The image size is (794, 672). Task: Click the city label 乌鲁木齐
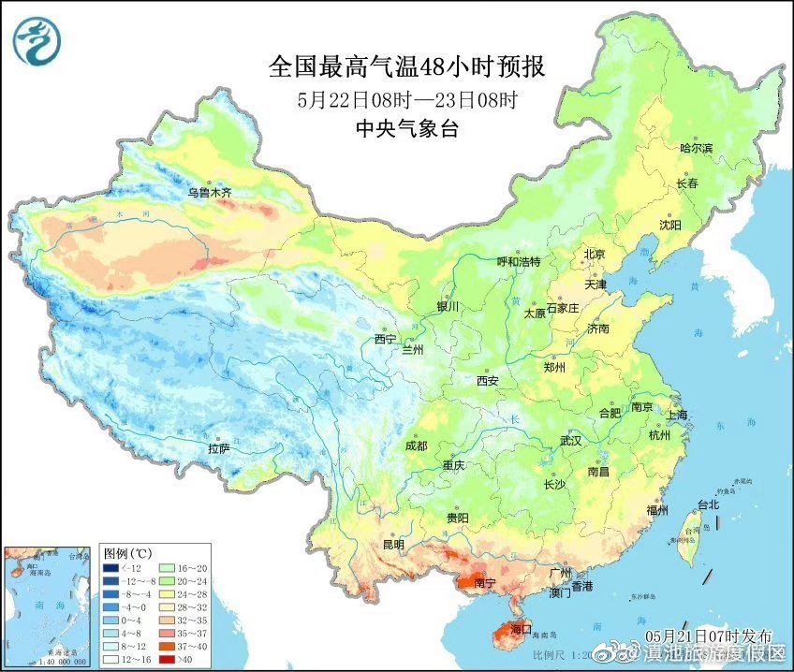tap(209, 192)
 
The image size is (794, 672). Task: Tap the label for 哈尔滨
tap(696, 148)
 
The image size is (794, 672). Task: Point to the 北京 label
tap(595, 255)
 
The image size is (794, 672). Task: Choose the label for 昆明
tap(392, 544)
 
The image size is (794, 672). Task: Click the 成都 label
tap(418, 446)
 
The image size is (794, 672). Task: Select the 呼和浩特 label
tap(519, 262)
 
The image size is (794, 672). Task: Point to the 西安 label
tap(488, 381)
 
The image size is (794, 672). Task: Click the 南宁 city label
tap(485, 584)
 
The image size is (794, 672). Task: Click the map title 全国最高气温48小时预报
tap(406, 67)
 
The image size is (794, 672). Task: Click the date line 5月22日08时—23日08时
tap(406, 99)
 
